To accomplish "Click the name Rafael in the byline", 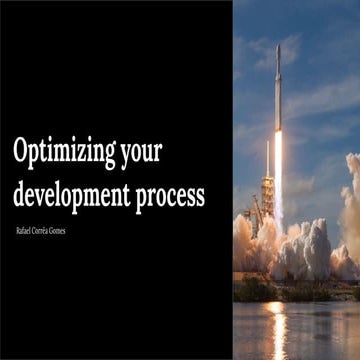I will click(x=27, y=231).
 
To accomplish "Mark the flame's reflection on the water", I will click(x=277, y=325).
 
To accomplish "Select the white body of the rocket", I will click(x=278, y=100).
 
